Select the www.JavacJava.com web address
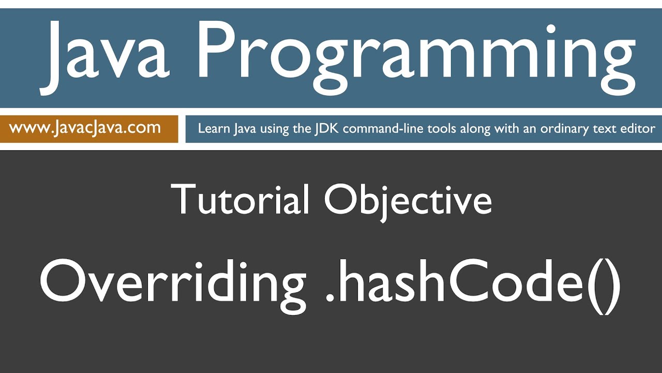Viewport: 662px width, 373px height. point(85,128)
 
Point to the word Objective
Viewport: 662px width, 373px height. point(408,199)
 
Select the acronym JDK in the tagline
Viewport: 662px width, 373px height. point(327,128)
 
